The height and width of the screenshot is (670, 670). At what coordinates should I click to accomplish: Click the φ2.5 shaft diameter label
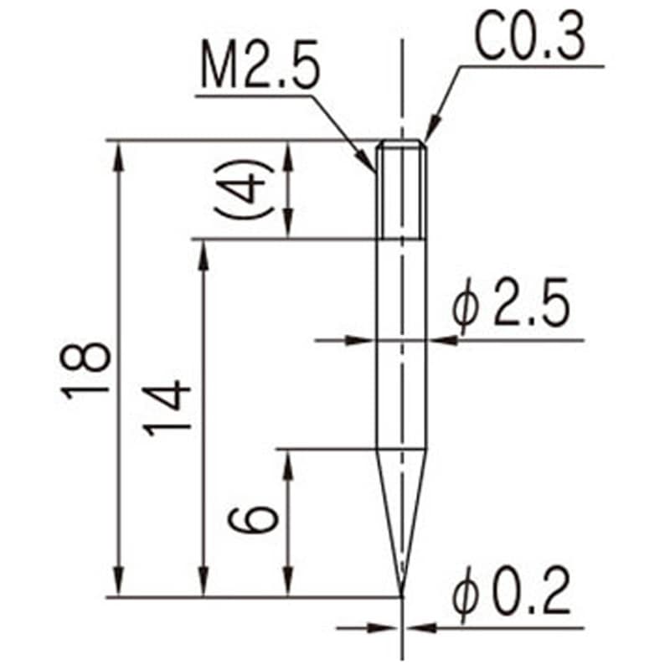click(511, 310)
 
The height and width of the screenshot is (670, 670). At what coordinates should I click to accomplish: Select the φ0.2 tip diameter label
click(511, 595)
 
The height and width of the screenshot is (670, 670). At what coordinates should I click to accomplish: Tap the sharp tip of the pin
click(402, 594)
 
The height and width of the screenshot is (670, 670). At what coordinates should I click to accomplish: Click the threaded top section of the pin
click(402, 189)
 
